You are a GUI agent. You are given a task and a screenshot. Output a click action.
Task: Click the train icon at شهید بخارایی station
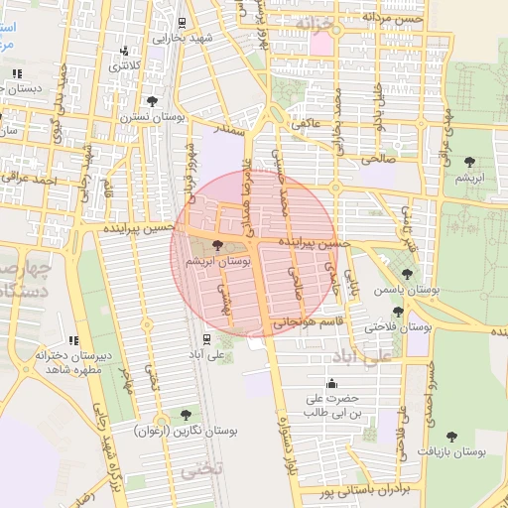[181, 23]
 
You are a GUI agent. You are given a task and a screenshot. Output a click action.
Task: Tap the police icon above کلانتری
[123, 52]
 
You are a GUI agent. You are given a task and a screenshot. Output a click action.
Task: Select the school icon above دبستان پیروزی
[17, 73]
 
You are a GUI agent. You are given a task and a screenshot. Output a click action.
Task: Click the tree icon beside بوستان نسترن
[151, 101]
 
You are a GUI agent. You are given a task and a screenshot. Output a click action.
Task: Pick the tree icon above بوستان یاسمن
[407, 275]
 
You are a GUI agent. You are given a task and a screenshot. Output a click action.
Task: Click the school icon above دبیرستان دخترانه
[73, 340]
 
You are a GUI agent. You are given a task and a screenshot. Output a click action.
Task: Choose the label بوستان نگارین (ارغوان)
[187, 431]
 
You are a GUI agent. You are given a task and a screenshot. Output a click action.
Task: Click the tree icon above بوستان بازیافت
[452, 436]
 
